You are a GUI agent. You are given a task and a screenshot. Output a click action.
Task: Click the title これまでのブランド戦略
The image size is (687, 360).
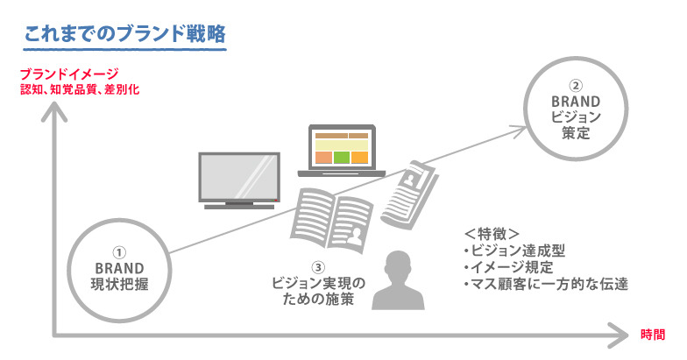pyautogui.click(x=125, y=35)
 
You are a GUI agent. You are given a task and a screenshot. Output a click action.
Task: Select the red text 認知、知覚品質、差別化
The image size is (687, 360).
pyautogui.click(x=81, y=89)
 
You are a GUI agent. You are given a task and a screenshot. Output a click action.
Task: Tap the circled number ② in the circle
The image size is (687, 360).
pyautogui.click(x=575, y=86)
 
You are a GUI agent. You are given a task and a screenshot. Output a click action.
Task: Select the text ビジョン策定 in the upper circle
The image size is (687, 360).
pyautogui.click(x=575, y=125)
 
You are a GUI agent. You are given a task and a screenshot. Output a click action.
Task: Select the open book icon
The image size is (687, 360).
pyautogui.click(x=331, y=217)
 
